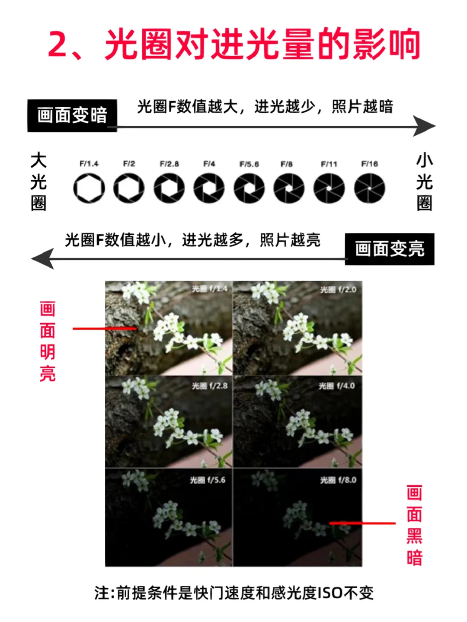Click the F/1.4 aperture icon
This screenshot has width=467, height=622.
click(89, 188)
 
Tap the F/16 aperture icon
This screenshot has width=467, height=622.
click(370, 188)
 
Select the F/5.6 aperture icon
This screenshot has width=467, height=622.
click(249, 188)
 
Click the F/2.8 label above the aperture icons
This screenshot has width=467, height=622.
click(170, 164)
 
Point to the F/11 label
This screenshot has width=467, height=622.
click(329, 164)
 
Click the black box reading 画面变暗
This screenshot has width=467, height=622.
click(72, 115)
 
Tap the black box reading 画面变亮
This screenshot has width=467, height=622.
click(390, 249)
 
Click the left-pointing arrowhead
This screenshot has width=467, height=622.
click(42, 258)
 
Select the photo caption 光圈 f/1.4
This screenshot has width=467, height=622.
click(210, 289)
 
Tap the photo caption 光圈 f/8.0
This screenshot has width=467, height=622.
click(338, 480)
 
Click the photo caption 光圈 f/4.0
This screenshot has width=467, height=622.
click(337, 386)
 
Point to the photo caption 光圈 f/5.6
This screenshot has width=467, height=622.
click(208, 480)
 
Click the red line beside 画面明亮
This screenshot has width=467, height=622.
click(105, 329)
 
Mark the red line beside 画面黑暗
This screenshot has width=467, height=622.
click(362, 523)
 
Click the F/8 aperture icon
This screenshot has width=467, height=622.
click(289, 188)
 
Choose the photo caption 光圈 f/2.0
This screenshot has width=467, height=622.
click(338, 290)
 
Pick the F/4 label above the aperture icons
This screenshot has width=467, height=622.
click(209, 164)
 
